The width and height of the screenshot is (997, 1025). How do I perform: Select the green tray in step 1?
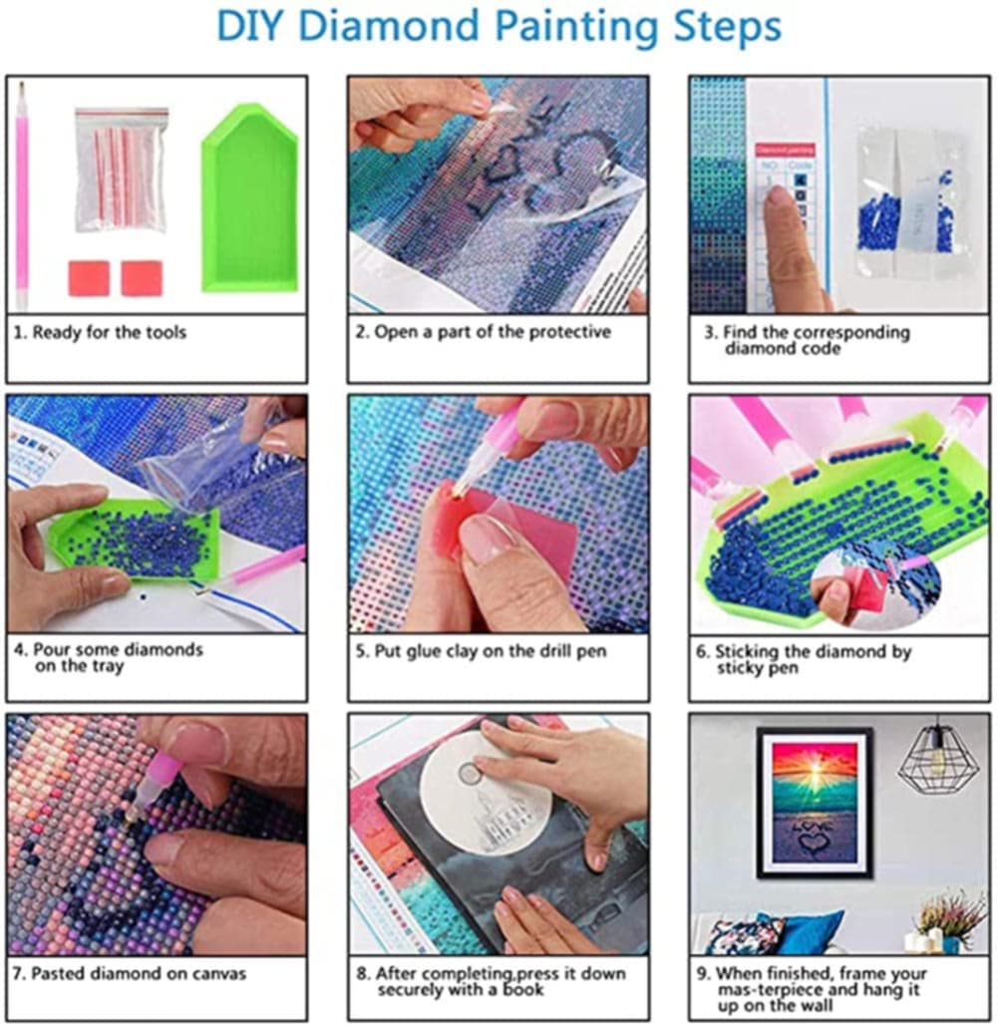tap(249, 197)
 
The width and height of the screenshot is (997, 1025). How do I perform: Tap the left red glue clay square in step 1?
tap(89, 278)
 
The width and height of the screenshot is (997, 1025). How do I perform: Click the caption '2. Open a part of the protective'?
tap(484, 332)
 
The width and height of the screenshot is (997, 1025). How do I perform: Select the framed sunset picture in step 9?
tap(815, 803)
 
